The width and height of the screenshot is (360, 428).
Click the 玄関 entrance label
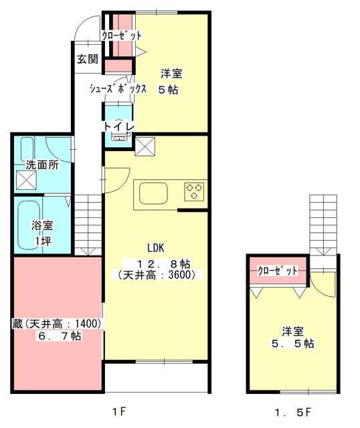click(x=87, y=59)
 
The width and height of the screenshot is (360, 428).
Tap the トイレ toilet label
click(x=119, y=126)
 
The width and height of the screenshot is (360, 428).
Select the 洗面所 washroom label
click(x=41, y=165)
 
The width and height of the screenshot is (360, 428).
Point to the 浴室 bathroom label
click(x=42, y=225)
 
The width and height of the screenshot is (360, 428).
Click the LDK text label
click(x=156, y=248)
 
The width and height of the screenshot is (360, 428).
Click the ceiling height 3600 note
click(x=157, y=275)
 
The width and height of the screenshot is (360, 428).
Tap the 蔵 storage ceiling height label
click(x=56, y=324)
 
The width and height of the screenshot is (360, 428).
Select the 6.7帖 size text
click(x=60, y=336)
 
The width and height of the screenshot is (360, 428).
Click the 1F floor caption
click(x=119, y=411)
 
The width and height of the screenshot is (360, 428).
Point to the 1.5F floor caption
click(x=292, y=412)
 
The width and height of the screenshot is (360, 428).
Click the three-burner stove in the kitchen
click(x=194, y=191)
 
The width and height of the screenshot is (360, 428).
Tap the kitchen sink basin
click(x=153, y=193)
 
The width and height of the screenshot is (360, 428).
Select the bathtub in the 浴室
click(x=29, y=225)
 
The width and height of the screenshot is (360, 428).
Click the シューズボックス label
click(x=118, y=88)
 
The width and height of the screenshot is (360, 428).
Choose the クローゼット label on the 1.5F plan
click(x=278, y=271)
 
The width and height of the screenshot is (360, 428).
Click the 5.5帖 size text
click(x=292, y=344)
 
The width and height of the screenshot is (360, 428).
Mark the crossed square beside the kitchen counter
click(x=145, y=146)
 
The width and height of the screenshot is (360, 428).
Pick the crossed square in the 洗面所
click(x=26, y=180)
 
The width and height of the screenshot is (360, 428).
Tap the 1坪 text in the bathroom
click(x=42, y=241)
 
